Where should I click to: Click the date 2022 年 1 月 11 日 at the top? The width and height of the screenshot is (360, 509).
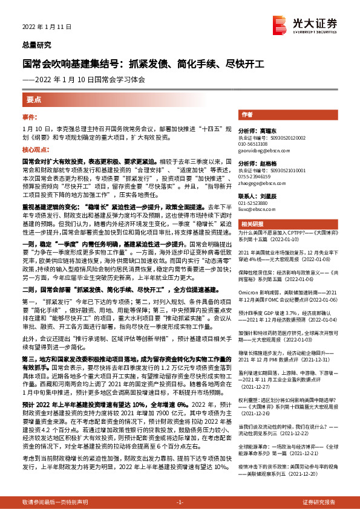coord(47,27)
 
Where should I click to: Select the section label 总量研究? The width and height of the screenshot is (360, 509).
coord(37,45)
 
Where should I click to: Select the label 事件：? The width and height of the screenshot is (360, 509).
coord(30,115)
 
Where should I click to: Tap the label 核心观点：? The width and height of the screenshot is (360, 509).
coord(34,149)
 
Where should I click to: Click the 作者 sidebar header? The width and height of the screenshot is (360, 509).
coord(247,114)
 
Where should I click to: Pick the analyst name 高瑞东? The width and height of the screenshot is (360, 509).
coord(269,131)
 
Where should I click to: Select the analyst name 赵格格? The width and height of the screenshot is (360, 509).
coord(269,164)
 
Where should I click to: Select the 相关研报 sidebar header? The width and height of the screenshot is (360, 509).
coord(250,223)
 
